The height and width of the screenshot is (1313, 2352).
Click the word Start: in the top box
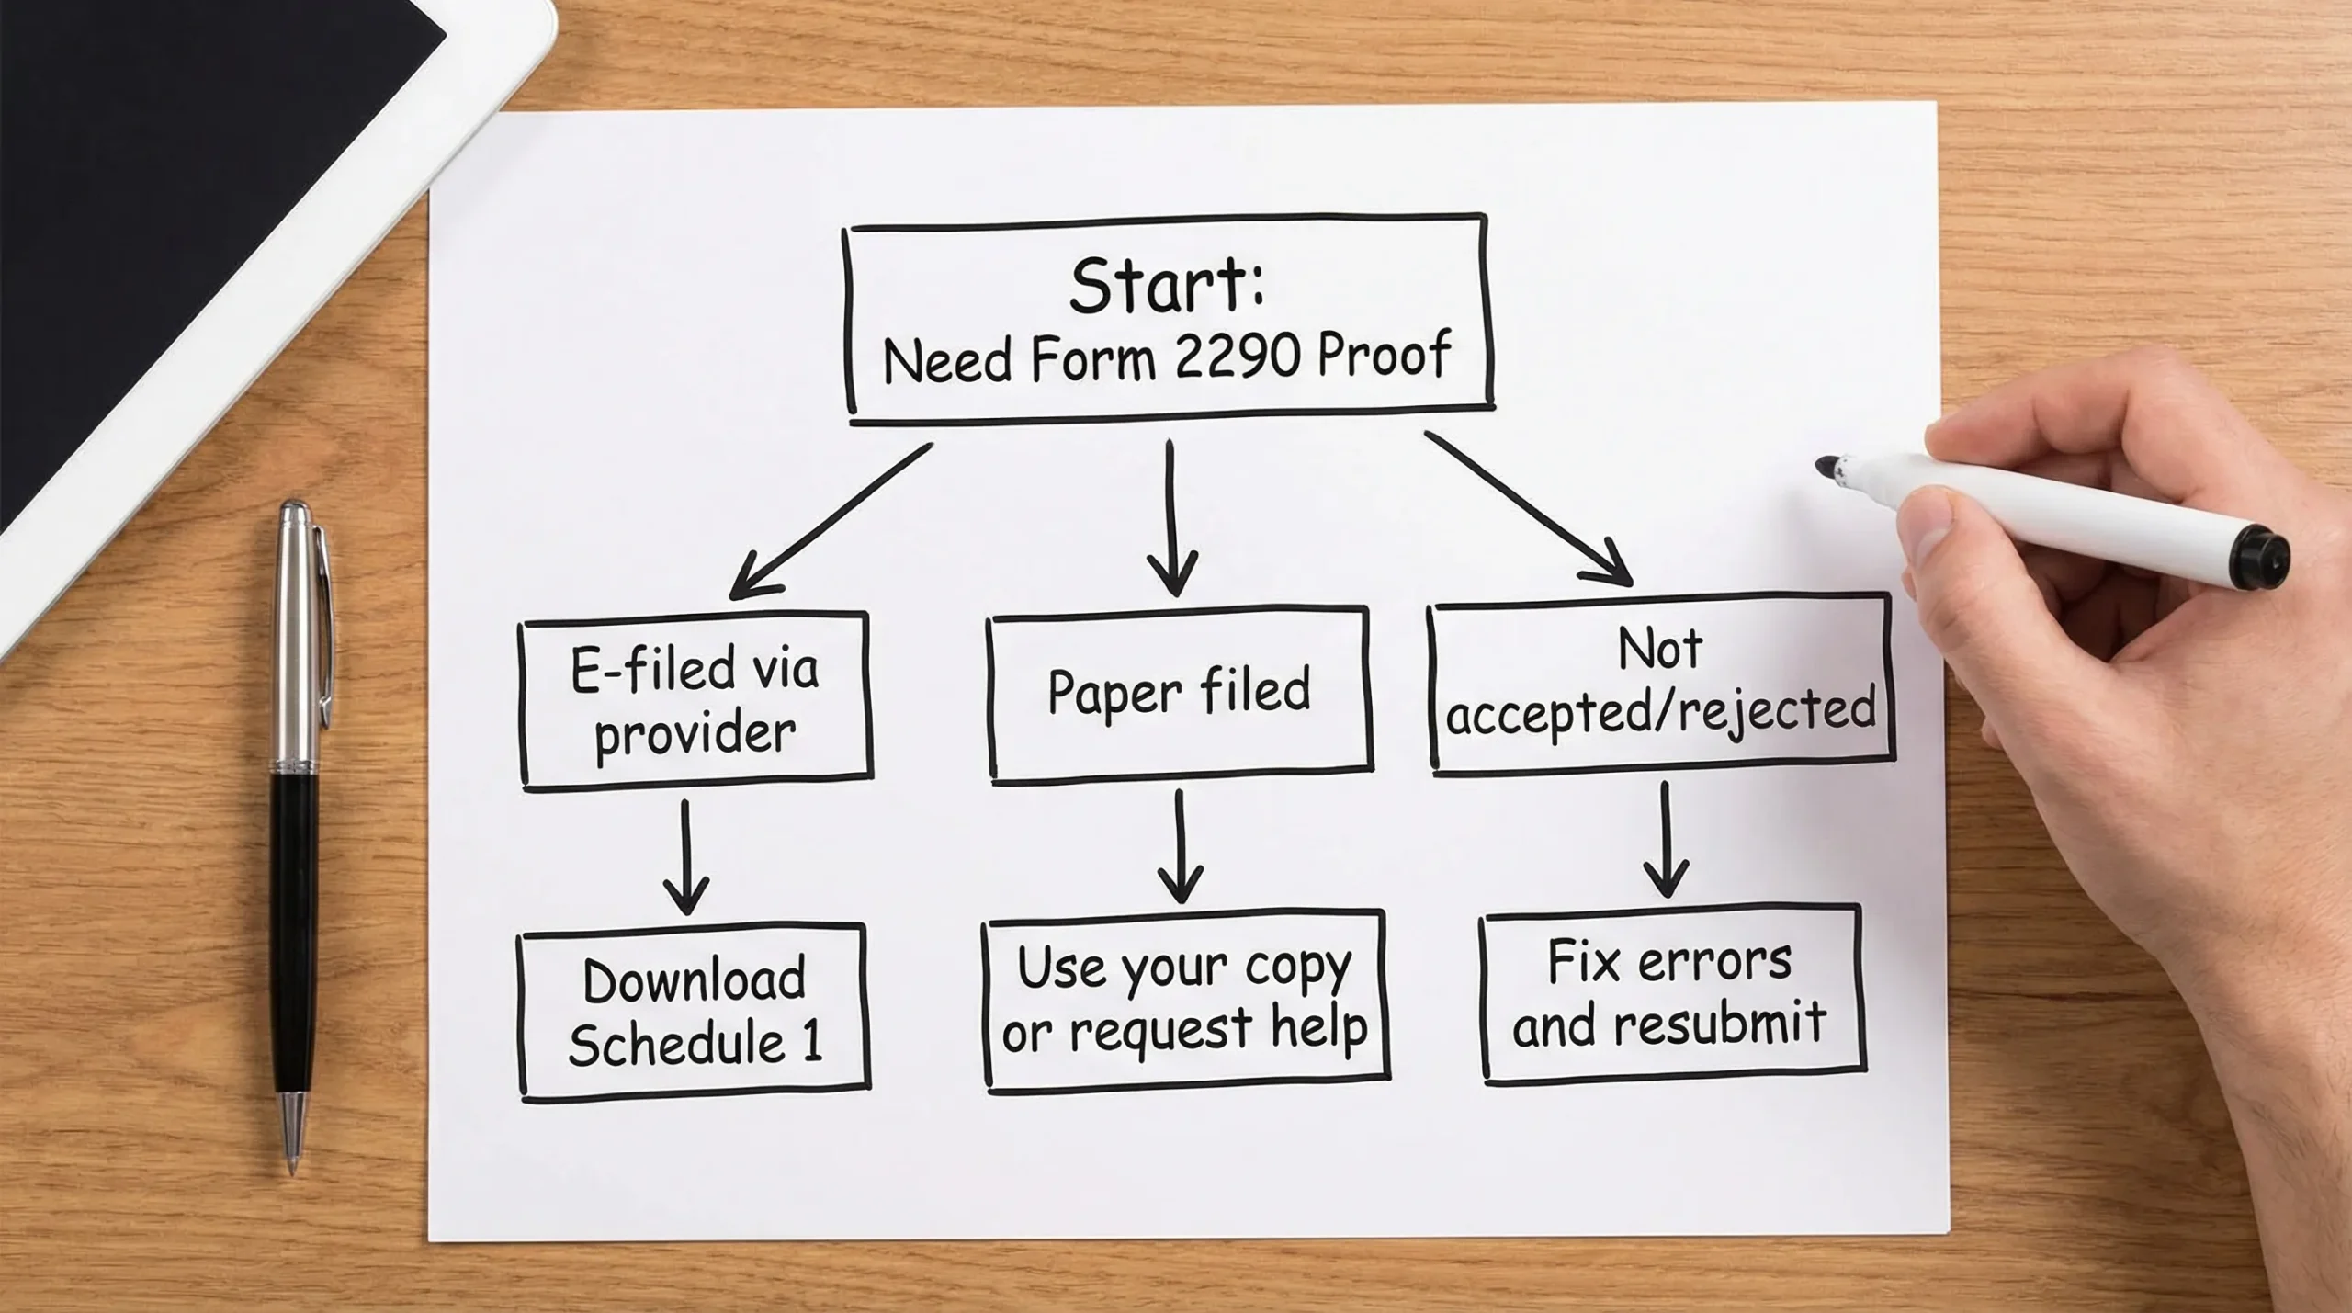click(1166, 286)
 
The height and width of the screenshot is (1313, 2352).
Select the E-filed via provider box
click(695, 700)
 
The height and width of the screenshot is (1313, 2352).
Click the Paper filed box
click(1180, 694)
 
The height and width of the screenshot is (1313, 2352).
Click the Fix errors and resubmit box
click(1670, 993)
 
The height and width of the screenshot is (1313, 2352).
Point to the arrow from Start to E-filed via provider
click(831, 519)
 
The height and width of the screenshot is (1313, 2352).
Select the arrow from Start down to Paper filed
click(1171, 519)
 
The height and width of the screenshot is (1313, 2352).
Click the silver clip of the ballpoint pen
click(324, 625)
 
